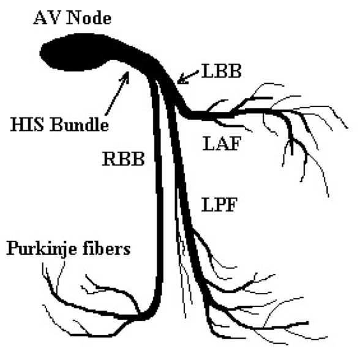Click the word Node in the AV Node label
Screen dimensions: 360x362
click(89, 18)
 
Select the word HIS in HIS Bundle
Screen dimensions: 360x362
click(27, 125)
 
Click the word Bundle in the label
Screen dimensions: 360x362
click(80, 125)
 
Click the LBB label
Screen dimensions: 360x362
click(222, 71)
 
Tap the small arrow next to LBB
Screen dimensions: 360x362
click(188, 77)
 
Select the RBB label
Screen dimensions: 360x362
click(124, 159)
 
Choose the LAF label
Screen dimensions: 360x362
click(222, 143)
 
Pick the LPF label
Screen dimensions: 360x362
click(219, 204)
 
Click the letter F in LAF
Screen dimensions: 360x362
click(234, 143)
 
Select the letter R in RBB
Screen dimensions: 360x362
click(110, 159)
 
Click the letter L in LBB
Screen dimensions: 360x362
click(208, 71)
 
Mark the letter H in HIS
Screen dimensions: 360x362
click(17, 125)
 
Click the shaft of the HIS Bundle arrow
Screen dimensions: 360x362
click(116, 96)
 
